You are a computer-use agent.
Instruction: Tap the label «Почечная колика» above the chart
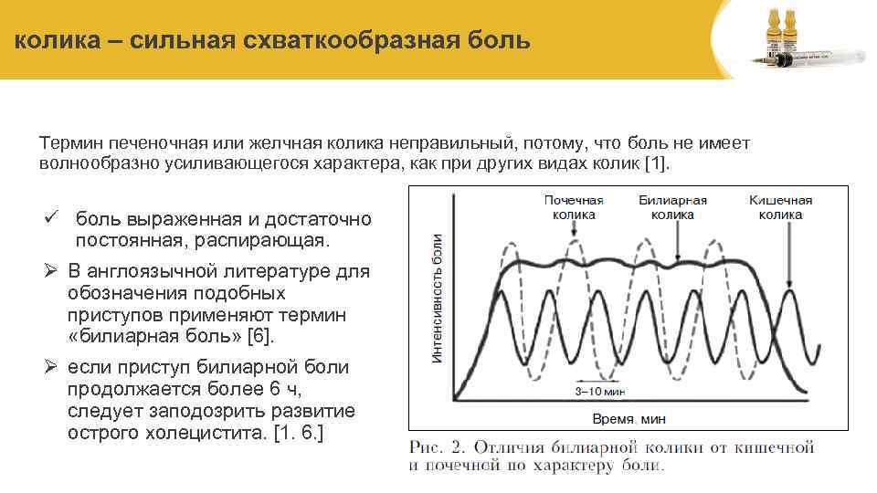[574, 207]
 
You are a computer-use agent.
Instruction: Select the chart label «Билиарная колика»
[672, 207]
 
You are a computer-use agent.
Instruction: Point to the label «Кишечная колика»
[780, 207]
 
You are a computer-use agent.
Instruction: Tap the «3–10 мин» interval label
[598, 391]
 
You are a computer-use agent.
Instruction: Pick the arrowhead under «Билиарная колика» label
[676, 258]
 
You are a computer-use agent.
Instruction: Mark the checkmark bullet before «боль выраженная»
[52, 219]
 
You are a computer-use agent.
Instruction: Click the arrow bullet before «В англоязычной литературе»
[52, 271]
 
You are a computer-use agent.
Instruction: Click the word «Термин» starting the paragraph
[70, 143]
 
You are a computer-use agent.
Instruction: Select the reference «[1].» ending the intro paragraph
[657, 164]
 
